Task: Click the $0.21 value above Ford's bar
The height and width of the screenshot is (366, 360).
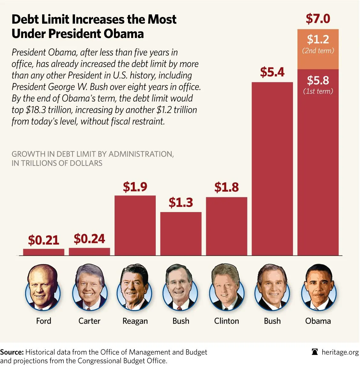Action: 43,240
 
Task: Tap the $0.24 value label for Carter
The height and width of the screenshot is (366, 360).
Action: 89,239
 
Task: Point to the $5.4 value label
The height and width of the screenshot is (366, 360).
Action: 272,72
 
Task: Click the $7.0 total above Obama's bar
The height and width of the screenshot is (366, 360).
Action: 318,19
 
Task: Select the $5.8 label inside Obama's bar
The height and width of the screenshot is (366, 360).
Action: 318,80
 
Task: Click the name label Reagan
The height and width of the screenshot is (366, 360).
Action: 135,321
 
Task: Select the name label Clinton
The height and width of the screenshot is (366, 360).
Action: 227,321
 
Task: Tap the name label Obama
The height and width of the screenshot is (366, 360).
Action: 318,321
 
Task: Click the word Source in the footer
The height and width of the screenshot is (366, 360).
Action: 12,352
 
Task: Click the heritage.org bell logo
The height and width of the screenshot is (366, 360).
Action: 315,352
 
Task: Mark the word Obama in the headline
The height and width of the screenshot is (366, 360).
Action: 124,34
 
